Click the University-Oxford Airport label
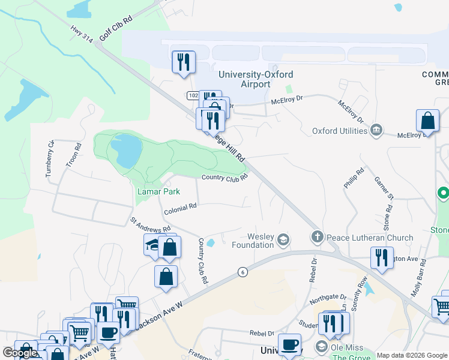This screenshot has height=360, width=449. pos(256,79)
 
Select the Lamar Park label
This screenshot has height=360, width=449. pos(158,192)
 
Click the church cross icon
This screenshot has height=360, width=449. pos(318,238)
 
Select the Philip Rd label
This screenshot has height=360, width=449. pos(354,178)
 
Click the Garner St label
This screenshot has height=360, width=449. pos(383,187)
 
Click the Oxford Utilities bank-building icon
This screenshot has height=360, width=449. pos(376,130)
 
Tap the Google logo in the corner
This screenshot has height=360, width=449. pos(20,353)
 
